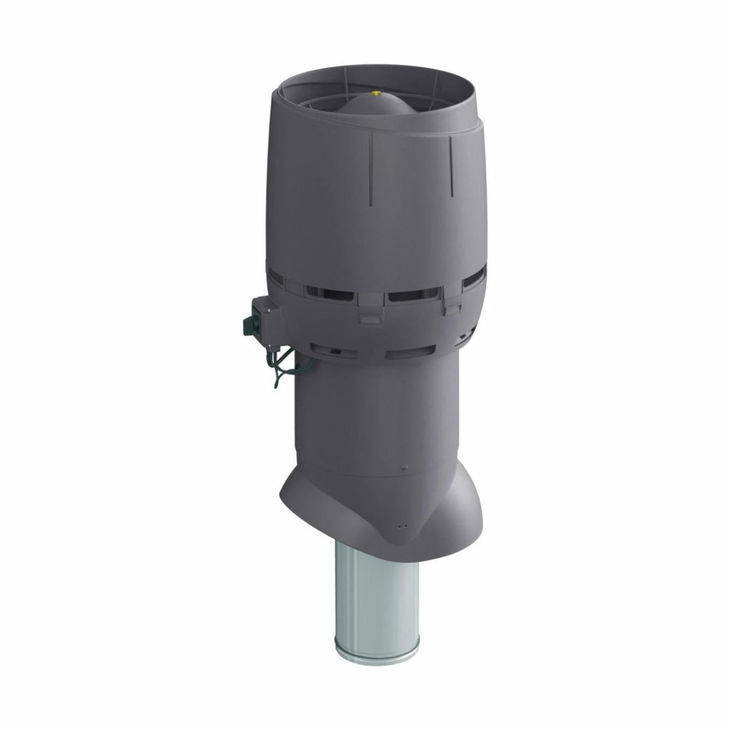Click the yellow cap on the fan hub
click(x=375, y=94)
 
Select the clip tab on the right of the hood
click(x=451, y=307)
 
